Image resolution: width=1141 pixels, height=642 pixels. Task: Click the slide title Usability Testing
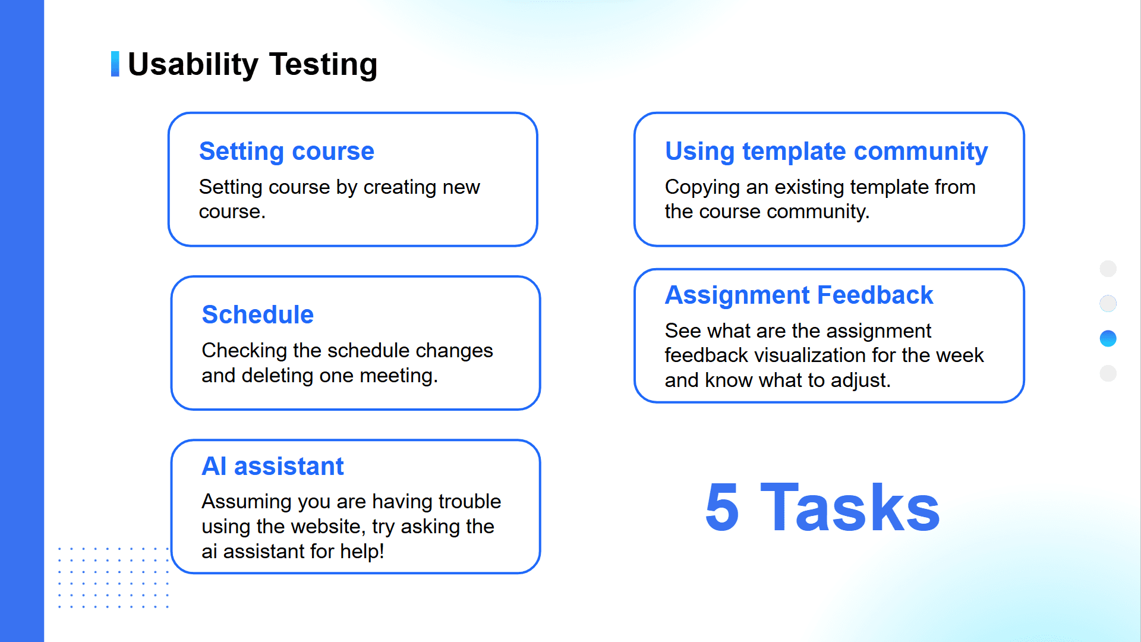coord(253,64)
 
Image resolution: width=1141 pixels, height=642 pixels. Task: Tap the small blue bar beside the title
coord(115,64)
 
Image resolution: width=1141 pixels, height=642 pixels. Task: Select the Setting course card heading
coord(286,152)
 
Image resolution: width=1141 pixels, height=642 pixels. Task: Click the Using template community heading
coord(826,152)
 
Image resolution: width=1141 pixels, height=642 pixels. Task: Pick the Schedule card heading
coord(258,314)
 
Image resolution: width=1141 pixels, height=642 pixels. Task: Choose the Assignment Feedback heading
coord(799,295)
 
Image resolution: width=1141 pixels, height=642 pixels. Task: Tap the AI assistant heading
coord(273,466)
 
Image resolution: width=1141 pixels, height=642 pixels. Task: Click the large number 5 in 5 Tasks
coord(722,507)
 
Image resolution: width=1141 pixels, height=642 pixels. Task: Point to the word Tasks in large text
coord(850,507)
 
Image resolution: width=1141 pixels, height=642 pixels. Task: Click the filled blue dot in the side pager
coord(1108,339)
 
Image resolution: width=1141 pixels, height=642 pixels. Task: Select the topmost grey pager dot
coord(1108,269)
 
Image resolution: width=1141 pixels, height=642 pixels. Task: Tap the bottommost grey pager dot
coord(1108,373)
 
